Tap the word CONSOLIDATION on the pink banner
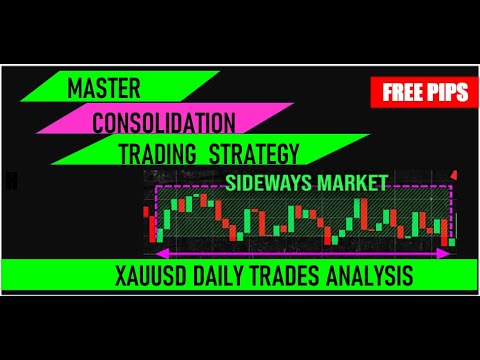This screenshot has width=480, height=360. pyautogui.click(x=164, y=123)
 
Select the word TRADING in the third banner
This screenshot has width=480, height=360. pyautogui.click(x=158, y=154)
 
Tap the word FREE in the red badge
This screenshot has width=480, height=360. pyautogui.click(x=401, y=94)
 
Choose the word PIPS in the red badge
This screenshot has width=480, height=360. pyautogui.click(x=449, y=94)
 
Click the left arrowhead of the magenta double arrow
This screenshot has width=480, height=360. pyautogui.click(x=158, y=250)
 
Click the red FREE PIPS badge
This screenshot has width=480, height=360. pyautogui.click(x=424, y=94)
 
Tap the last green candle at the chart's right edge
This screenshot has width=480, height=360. pyautogui.click(x=453, y=241)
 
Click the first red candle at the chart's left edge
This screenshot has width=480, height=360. pyautogui.click(x=153, y=226)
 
